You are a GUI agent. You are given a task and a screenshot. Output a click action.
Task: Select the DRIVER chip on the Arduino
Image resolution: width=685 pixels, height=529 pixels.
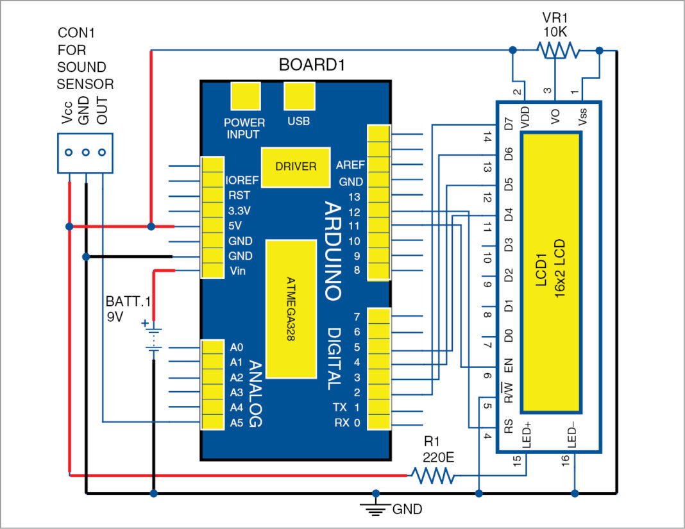pyautogui.click(x=295, y=167)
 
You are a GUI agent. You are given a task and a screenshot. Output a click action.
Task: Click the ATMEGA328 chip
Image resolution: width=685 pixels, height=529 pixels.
pyautogui.click(x=291, y=308)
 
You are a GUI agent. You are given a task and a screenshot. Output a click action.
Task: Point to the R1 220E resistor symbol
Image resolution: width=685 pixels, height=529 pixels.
pyautogui.click(x=434, y=476)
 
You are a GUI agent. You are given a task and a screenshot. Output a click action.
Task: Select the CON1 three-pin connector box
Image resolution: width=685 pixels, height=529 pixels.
pyautogui.click(x=85, y=153)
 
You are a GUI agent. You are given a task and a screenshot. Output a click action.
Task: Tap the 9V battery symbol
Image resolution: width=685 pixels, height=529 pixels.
pyautogui.click(x=153, y=337)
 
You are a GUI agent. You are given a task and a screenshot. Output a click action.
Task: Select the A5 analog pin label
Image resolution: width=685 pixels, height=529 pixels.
pyautogui.click(x=236, y=423)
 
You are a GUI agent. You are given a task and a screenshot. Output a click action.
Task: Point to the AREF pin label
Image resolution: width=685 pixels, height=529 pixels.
pyautogui.click(x=350, y=165)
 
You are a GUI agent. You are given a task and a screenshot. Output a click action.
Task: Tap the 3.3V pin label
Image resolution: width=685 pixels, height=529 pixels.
pyautogui.click(x=239, y=210)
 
